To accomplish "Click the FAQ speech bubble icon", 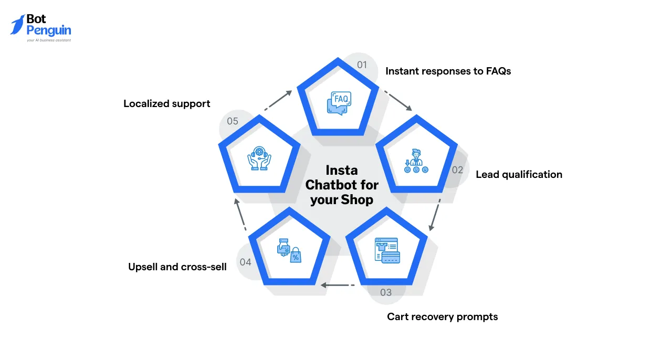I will pyautogui.click(x=339, y=102).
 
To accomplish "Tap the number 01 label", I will pyautogui.click(x=362, y=65).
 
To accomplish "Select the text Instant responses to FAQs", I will pyautogui.click(x=448, y=71).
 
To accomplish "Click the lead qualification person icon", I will pyautogui.click(x=416, y=162).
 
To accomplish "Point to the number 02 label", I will pyautogui.click(x=457, y=170).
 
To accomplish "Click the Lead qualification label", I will pyautogui.click(x=519, y=175).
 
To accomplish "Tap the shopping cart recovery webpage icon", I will pyautogui.click(x=387, y=250).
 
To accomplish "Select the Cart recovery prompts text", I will pyautogui.click(x=442, y=317).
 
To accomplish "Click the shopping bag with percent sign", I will pyautogui.click(x=296, y=255).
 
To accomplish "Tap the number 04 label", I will pyautogui.click(x=245, y=262).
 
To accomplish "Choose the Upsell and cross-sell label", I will pyautogui.click(x=177, y=267).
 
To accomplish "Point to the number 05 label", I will pyautogui.click(x=233, y=121).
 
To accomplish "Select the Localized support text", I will pyautogui.click(x=166, y=104).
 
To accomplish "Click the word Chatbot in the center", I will pyautogui.click(x=342, y=185).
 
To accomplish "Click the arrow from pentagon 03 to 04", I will pyautogui.click(x=337, y=285).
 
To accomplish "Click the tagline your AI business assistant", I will pyautogui.click(x=49, y=40).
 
